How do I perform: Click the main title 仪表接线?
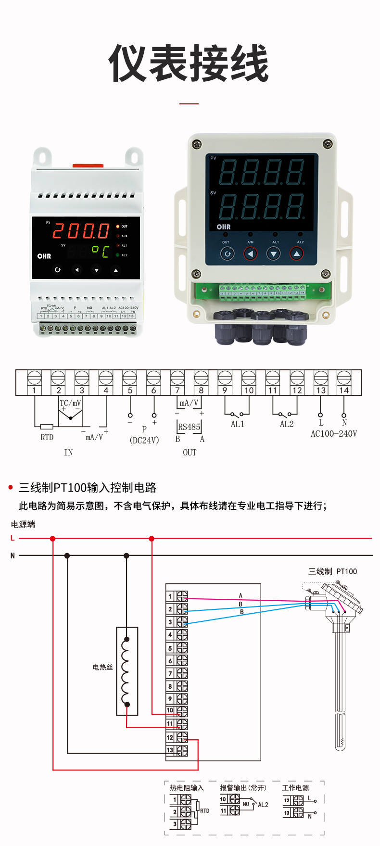[189, 63]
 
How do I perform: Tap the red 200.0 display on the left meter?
[81, 231]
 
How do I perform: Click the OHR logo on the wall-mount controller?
[224, 227]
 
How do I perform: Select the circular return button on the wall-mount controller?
[227, 253]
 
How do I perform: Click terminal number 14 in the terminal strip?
[344, 390]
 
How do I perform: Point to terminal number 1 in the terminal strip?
[34, 390]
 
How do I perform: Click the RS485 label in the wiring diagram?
[189, 427]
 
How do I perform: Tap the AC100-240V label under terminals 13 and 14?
[334, 434]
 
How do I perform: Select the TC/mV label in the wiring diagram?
[70, 403]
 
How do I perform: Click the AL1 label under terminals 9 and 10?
[238, 424]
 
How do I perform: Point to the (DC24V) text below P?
[144, 440]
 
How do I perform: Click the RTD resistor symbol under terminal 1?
[47, 427]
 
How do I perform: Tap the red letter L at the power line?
[13, 538]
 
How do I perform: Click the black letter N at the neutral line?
[13, 556]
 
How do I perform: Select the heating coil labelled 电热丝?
[127, 671]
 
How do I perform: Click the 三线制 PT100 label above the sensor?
[332, 571]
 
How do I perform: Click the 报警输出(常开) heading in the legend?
[243, 788]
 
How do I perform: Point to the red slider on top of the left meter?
[88, 165]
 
